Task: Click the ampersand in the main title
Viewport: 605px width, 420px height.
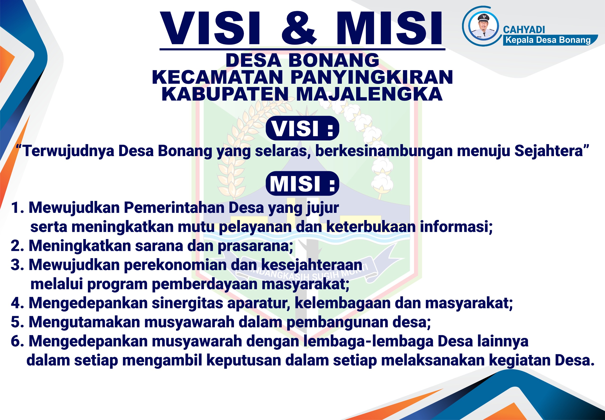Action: click(x=299, y=28)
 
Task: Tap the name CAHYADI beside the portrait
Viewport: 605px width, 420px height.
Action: click(x=524, y=30)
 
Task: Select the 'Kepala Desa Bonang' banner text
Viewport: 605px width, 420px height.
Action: click(x=548, y=40)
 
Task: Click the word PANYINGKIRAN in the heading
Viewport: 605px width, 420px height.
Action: click(x=372, y=77)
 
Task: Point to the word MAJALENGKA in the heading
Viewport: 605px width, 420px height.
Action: click(x=369, y=94)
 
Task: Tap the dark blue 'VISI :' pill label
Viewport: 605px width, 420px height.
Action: click(x=302, y=128)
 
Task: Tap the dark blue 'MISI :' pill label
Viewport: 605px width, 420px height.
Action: click(x=302, y=184)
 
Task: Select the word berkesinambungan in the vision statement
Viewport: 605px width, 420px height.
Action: click(x=384, y=151)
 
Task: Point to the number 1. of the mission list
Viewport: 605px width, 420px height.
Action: click(x=18, y=208)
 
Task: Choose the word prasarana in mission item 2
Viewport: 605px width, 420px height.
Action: click(x=255, y=246)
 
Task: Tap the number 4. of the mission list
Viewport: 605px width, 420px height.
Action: click(x=18, y=303)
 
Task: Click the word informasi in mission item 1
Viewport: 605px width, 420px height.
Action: click(x=456, y=227)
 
